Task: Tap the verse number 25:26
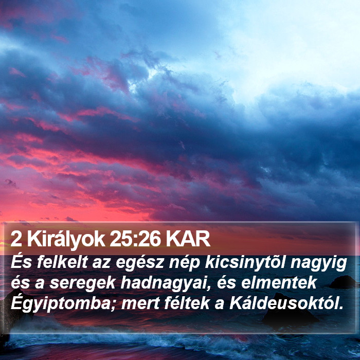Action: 135,239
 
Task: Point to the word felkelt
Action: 63,262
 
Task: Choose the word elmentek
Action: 279,283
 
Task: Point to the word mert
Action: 140,304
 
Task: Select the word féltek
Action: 187,303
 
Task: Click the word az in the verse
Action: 102,264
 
